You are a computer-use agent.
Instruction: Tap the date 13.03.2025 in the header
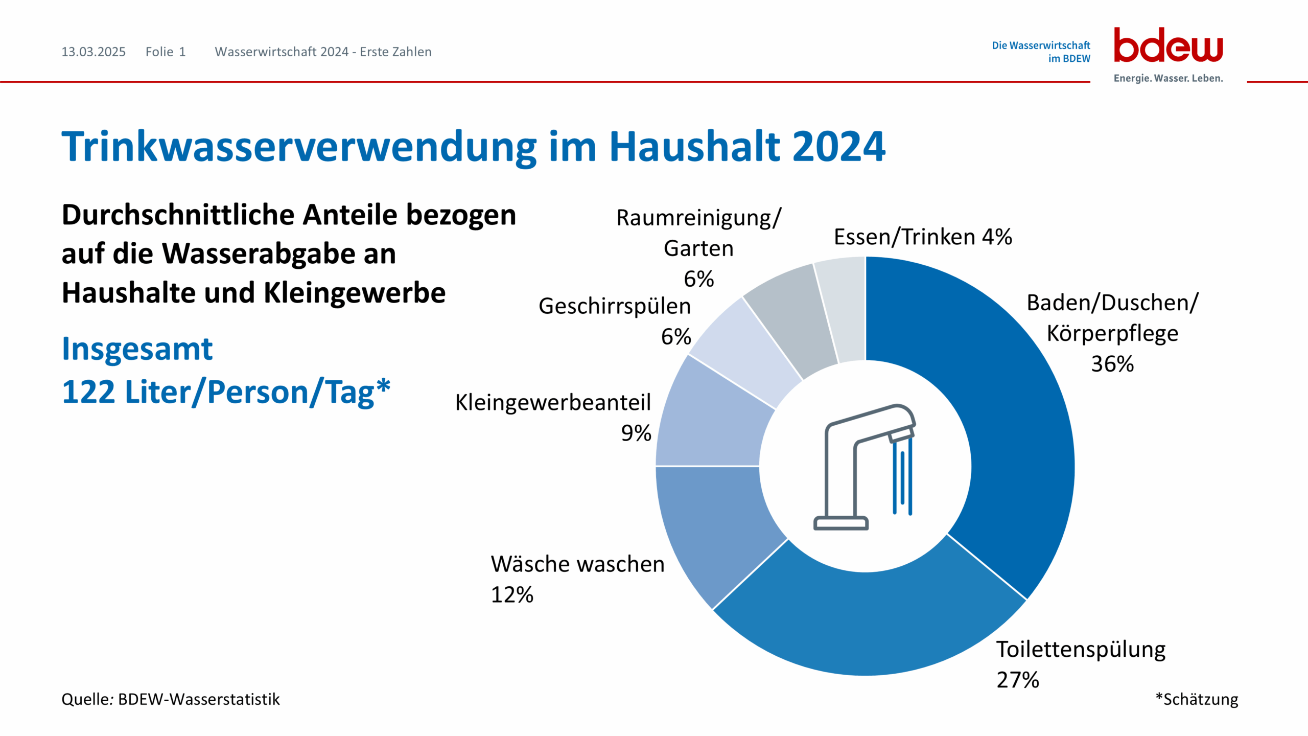[94, 52]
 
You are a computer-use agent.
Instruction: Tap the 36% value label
[1112, 364]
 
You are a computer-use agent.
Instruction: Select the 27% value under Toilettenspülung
[1018, 680]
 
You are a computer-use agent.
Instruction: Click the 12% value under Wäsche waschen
[512, 594]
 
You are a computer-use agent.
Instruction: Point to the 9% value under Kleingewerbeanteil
[636, 433]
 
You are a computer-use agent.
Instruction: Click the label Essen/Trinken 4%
[923, 237]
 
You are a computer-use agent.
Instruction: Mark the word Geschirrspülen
[615, 306]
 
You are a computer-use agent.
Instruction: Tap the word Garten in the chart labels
[698, 248]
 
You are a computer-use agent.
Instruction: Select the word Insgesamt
[137, 349]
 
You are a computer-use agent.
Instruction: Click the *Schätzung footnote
[1197, 699]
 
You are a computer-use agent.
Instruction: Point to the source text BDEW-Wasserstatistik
[199, 699]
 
